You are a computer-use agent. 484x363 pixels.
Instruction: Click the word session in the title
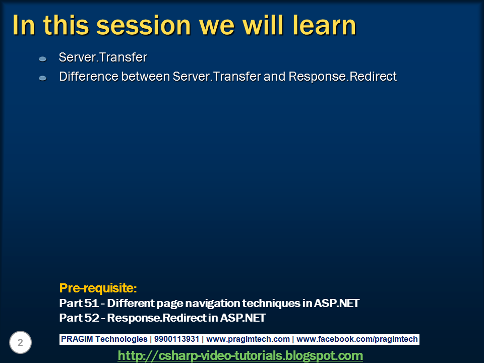tap(144, 25)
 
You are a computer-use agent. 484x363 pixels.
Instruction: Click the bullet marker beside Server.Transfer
tap(42, 59)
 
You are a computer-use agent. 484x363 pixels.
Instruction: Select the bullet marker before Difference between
tap(42, 79)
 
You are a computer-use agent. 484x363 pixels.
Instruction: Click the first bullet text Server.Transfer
tap(103, 57)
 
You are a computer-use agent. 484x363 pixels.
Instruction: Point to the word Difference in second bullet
tap(89, 77)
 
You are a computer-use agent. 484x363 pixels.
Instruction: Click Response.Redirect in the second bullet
tap(343, 77)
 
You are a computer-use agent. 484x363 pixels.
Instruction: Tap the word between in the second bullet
tap(145, 77)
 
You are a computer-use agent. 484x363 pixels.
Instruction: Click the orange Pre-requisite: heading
tap(98, 288)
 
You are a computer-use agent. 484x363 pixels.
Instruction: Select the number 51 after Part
tap(91, 303)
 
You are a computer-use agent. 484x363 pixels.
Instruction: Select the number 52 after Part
tap(92, 318)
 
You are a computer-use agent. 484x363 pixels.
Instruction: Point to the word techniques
tap(271, 304)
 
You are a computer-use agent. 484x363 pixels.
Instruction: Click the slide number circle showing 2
tap(20, 342)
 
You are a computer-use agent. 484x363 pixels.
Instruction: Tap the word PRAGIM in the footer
tap(77, 339)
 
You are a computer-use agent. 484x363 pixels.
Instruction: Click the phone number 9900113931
tap(176, 339)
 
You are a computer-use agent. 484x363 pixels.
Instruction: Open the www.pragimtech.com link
tap(248, 339)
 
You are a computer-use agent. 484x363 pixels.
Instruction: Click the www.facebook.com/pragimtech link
tap(357, 339)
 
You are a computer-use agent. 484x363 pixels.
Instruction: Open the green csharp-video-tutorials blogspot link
tap(240, 355)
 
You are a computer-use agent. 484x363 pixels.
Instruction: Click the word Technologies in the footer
tap(122, 339)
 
